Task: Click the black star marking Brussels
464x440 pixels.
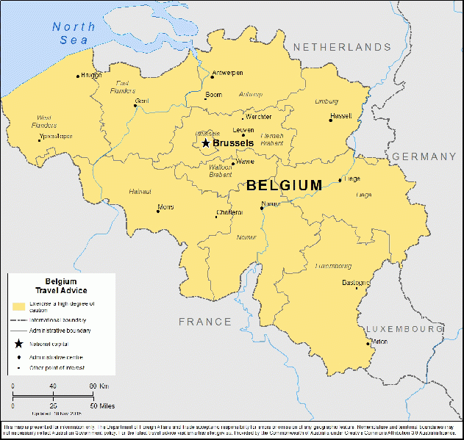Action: pos(206,143)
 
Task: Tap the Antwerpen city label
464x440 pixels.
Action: pos(227,73)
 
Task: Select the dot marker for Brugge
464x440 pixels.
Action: pos(78,76)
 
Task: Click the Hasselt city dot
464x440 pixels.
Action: pos(331,120)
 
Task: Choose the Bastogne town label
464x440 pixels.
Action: pos(356,283)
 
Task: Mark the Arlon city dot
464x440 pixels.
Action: pos(368,342)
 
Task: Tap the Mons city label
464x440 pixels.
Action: pos(166,207)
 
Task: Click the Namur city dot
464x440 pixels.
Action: pos(262,208)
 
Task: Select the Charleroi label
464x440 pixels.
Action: pos(229,212)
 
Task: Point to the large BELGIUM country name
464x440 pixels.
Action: pos(284,185)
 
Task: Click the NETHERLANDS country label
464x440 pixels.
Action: pos(342,47)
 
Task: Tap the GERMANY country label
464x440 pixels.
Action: pos(424,156)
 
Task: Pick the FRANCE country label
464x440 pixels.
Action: pos(204,322)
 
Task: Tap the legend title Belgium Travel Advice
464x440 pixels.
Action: pos(61,286)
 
